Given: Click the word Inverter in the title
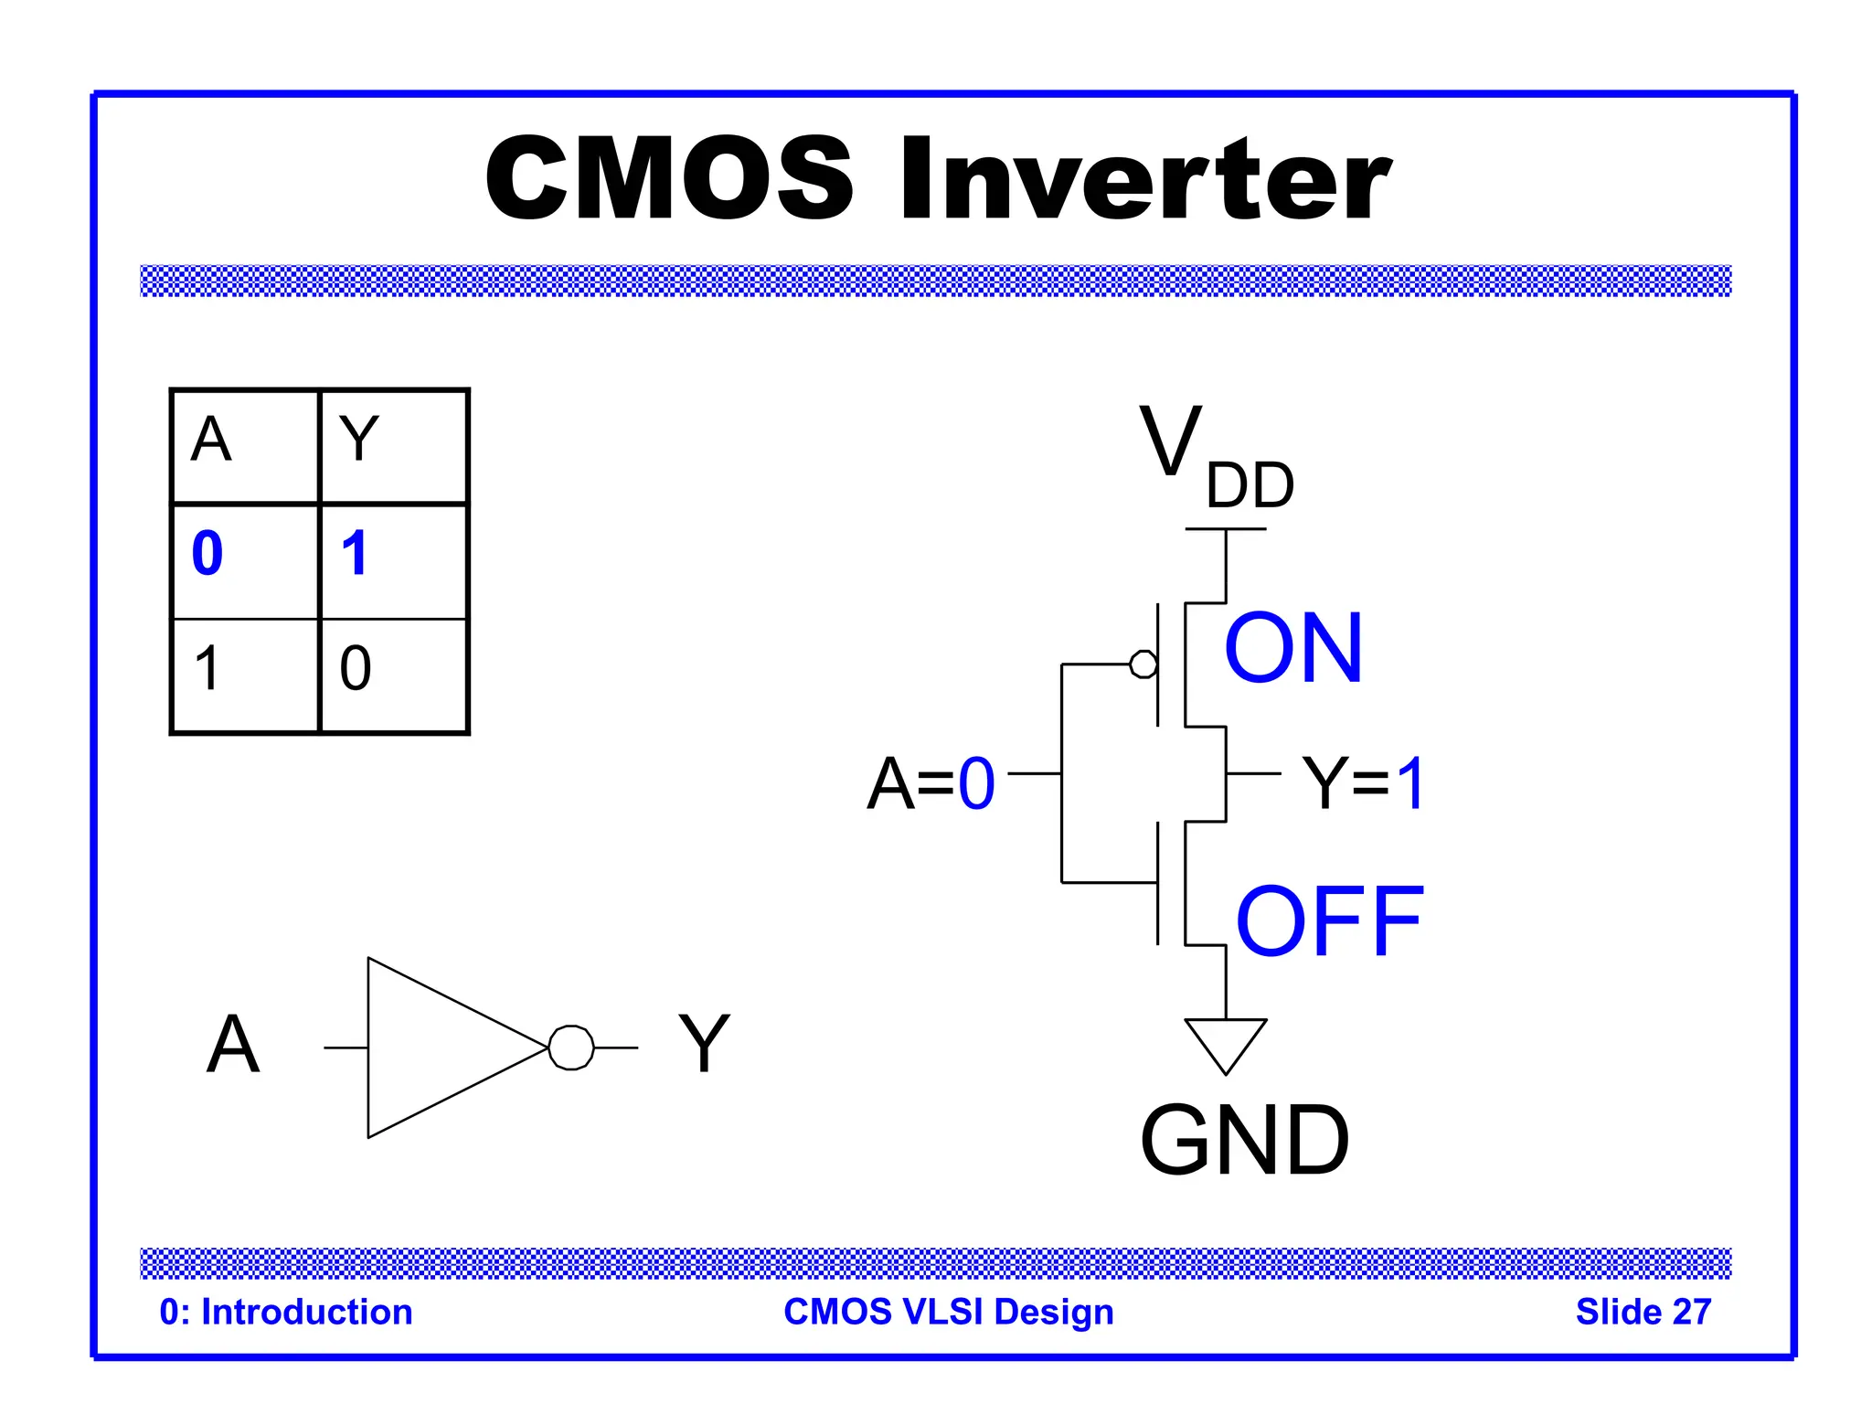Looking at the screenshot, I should pyautogui.click(x=1145, y=179).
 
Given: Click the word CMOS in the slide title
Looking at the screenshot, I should pyautogui.click(x=669, y=179).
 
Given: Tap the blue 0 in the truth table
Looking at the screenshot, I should pyautogui.click(x=207, y=554).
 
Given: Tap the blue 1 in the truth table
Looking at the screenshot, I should pyautogui.click(x=355, y=554).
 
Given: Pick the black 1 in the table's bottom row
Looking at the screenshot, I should pyautogui.click(x=207, y=668).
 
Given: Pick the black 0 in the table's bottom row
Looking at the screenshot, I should pyautogui.click(x=356, y=668).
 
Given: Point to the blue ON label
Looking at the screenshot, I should pyautogui.click(x=1293, y=649).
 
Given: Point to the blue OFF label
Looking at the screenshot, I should pyautogui.click(x=1329, y=922).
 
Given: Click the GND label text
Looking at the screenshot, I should pyautogui.click(x=1244, y=1140).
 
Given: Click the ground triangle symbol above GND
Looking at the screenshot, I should pyautogui.click(x=1226, y=1040).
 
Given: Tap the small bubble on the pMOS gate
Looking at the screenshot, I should pyautogui.click(x=1143, y=665).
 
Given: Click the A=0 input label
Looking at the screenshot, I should pyautogui.click(x=931, y=784).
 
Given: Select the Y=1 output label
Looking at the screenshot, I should pyautogui.click(x=1362, y=784).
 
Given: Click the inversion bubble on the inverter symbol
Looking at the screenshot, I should pyautogui.click(x=571, y=1048).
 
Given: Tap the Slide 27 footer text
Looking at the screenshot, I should pyautogui.click(x=1643, y=1312).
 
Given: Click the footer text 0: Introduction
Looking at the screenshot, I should pyautogui.click(x=286, y=1312).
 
